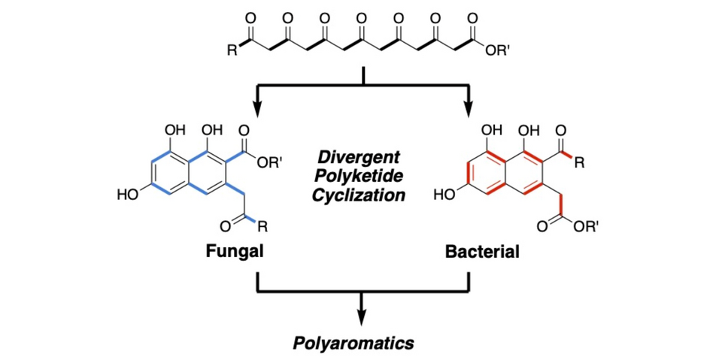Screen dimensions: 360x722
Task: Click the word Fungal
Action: [235, 252]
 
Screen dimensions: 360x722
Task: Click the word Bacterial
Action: [482, 252]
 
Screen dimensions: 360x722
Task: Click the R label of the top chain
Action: [232, 52]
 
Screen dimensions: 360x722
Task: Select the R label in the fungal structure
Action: [262, 225]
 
